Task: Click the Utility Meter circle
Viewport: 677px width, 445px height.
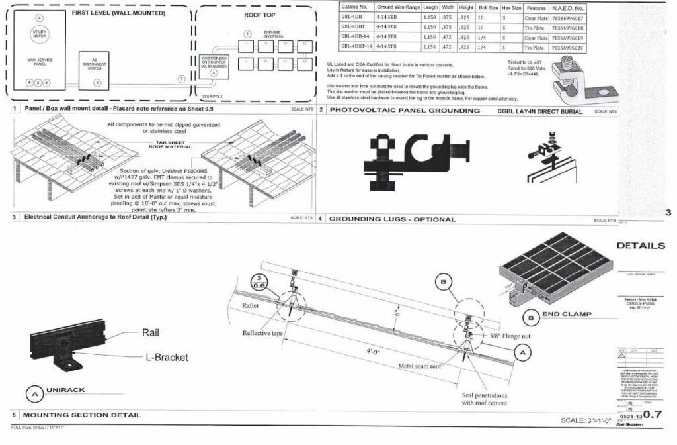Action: point(39,34)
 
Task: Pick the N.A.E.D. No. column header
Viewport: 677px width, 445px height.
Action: point(570,8)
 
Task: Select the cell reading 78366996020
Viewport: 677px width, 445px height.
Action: point(570,47)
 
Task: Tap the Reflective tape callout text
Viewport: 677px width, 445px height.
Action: point(266,332)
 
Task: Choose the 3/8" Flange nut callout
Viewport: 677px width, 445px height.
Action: point(509,336)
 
